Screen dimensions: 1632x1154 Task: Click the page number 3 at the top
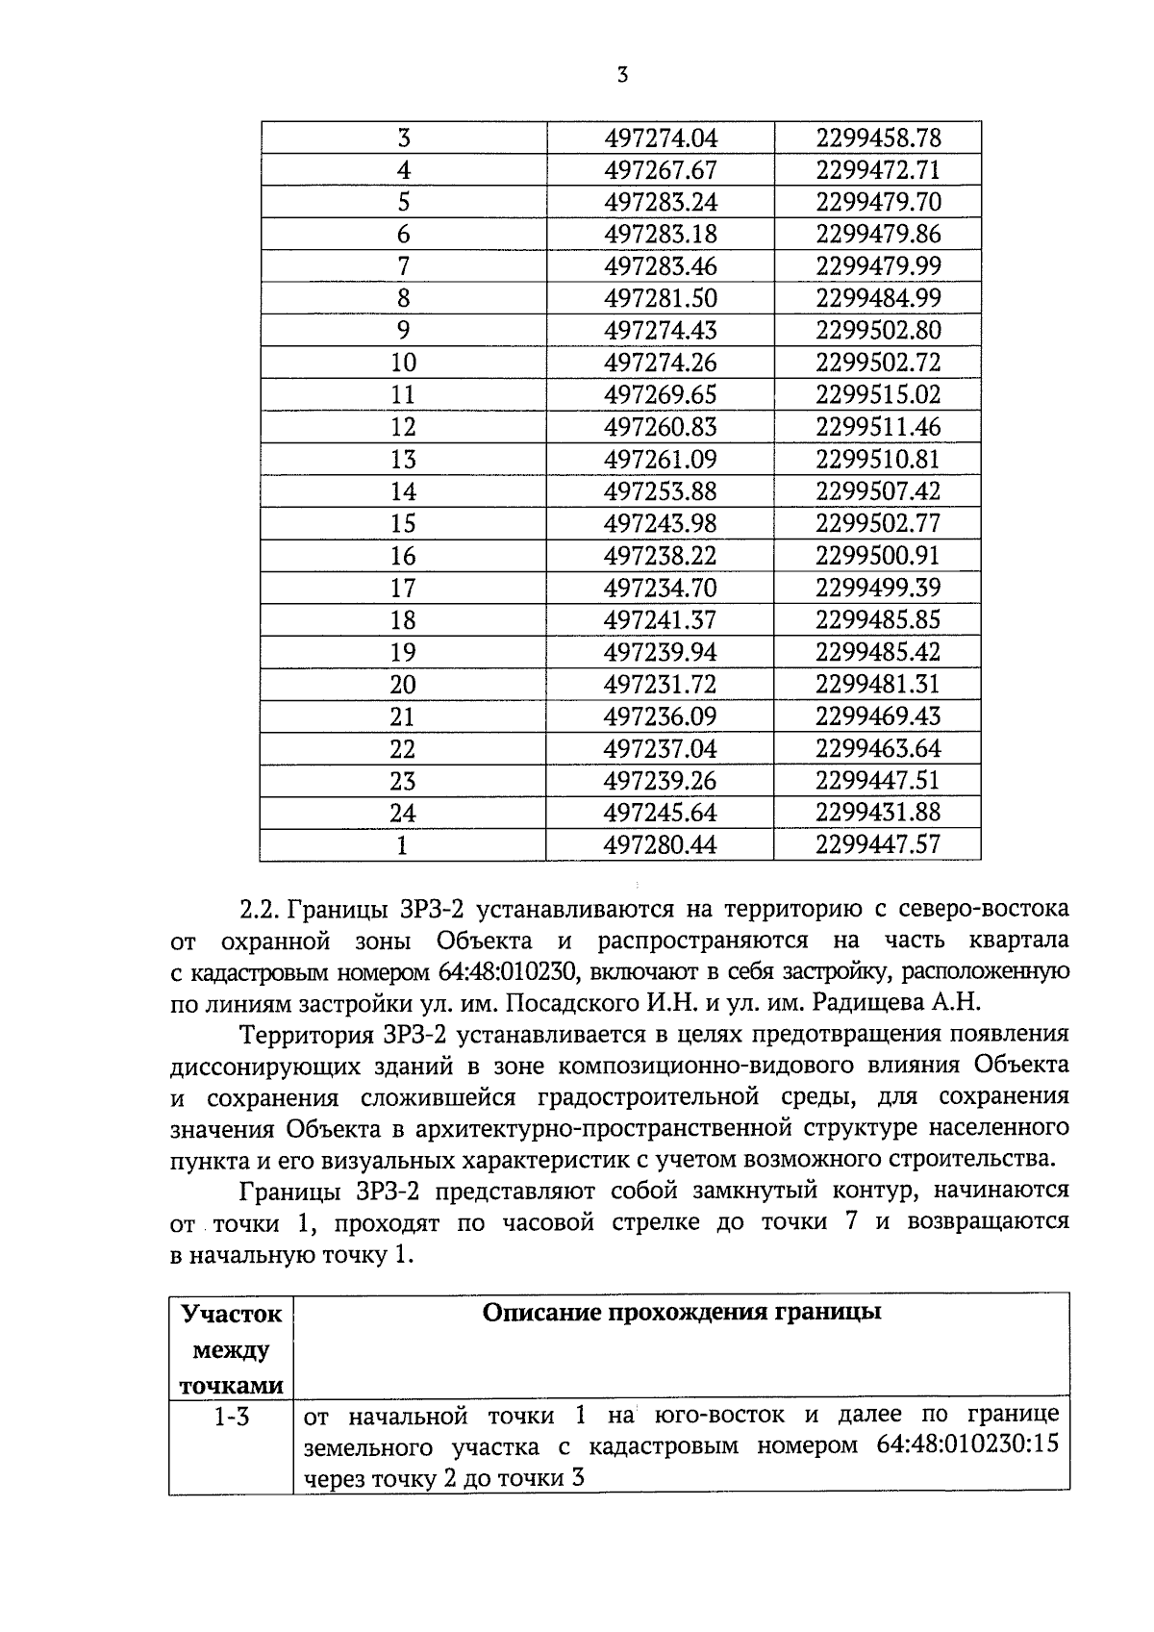click(622, 76)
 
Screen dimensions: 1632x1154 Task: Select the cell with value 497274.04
click(661, 138)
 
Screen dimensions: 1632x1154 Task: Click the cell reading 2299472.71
click(878, 170)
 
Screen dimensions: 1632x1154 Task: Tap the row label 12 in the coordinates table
click(403, 427)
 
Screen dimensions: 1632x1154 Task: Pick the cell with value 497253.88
click(661, 491)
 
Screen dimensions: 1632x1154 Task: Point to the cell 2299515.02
click(878, 395)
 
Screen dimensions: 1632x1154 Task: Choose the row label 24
click(403, 813)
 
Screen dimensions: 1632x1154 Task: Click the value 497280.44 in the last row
click(661, 845)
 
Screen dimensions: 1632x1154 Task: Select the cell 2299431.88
click(878, 813)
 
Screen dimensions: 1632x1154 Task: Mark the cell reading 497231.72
click(661, 685)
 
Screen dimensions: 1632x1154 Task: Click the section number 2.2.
click(259, 909)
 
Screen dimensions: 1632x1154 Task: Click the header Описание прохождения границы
click(682, 1314)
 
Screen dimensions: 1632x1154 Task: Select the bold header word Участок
click(232, 1315)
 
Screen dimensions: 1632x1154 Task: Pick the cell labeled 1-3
click(232, 1416)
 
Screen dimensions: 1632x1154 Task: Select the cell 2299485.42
click(878, 652)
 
